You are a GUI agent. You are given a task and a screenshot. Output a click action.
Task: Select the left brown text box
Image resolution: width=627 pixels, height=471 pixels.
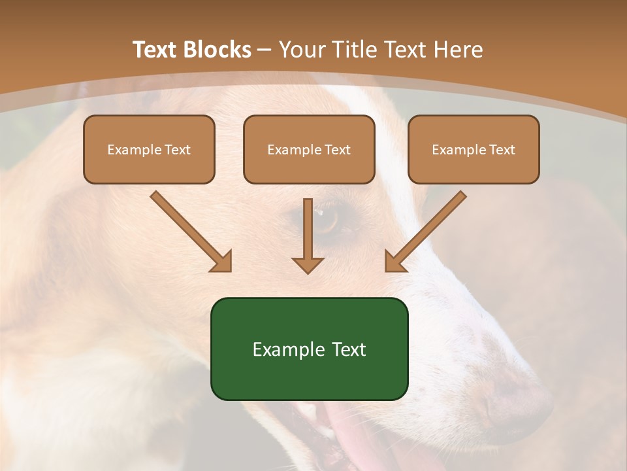click(149, 149)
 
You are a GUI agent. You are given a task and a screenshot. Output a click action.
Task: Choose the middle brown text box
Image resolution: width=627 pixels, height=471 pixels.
click(309, 149)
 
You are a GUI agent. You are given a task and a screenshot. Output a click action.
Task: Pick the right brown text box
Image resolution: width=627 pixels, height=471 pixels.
click(474, 149)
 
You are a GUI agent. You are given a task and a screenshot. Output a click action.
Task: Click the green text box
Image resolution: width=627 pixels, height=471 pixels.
click(309, 349)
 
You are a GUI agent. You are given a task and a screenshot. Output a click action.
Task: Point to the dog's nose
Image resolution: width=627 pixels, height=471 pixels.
click(516, 399)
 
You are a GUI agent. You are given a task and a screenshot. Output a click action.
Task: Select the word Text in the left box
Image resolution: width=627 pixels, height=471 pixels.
click(177, 150)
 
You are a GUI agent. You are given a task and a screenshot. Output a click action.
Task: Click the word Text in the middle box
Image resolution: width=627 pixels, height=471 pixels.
click(337, 150)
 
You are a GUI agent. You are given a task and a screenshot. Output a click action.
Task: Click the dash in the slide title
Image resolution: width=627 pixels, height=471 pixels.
click(265, 50)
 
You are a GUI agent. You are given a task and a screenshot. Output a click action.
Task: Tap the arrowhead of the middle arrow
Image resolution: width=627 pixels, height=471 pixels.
click(308, 265)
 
